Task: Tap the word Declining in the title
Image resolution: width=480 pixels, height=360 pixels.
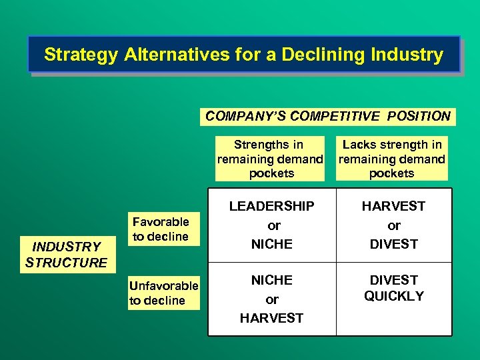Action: (x=309, y=55)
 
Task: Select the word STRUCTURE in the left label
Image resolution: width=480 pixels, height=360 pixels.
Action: (x=66, y=263)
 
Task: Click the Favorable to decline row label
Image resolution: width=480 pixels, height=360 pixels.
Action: (x=161, y=229)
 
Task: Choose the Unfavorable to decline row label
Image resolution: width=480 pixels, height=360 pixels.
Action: (x=163, y=293)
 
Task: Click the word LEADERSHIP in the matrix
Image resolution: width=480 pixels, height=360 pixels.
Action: (x=271, y=207)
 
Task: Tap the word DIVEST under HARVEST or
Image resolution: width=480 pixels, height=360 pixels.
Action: (x=394, y=244)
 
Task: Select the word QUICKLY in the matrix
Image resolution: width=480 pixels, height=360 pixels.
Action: (x=394, y=296)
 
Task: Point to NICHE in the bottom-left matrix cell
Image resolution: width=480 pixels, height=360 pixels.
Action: (x=271, y=280)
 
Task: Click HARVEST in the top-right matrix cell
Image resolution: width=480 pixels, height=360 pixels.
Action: (x=394, y=207)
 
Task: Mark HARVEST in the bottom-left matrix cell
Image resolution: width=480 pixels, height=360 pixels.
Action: (x=271, y=318)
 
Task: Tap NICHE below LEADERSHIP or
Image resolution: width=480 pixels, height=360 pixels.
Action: (x=271, y=244)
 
